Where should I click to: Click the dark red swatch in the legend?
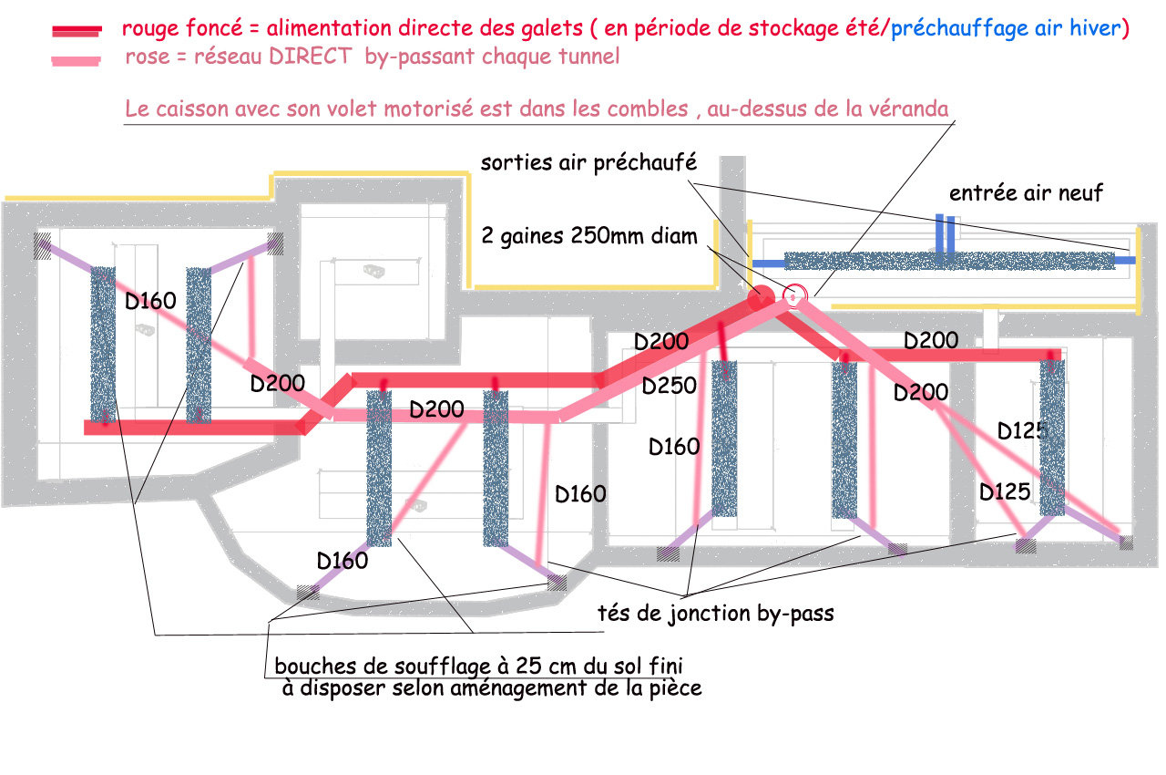coord(77,30)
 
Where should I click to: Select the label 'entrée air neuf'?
coord(1026,192)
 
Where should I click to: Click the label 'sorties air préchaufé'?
coord(588,163)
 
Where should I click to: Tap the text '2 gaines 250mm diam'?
coord(588,237)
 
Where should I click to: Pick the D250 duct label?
coord(670,387)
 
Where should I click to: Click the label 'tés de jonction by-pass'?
coord(717,614)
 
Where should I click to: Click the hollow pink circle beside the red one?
coord(794,295)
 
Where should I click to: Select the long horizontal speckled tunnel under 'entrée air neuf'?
coord(947,262)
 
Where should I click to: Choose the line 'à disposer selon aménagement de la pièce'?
coord(492,688)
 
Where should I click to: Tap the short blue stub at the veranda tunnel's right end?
coord(1127,261)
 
